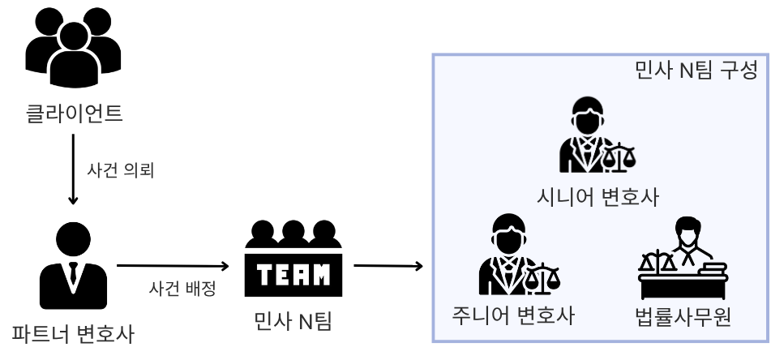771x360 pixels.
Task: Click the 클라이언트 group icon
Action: pos(74,50)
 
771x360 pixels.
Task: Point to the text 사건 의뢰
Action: pos(120,170)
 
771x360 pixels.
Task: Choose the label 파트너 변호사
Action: pos(73,333)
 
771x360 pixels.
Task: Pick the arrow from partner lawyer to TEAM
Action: pos(173,266)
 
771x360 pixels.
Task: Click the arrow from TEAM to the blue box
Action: pos(388,266)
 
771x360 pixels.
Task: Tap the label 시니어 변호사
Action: pos(598,197)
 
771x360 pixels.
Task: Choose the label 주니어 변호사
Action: pos(512,315)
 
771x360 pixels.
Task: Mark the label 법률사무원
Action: pos(684,315)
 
